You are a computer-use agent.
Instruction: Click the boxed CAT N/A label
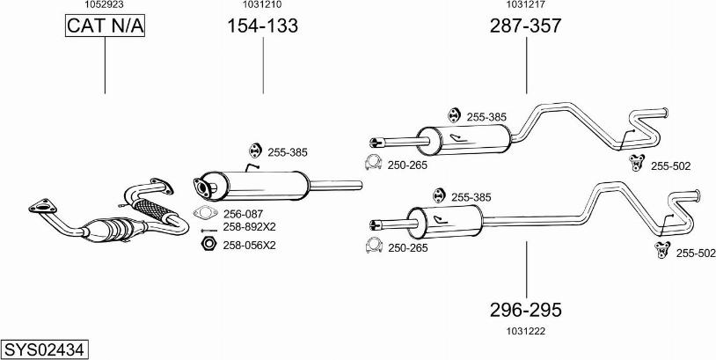[x=105, y=26]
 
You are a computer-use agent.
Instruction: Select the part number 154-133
[x=262, y=26]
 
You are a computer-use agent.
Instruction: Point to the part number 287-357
[x=525, y=26]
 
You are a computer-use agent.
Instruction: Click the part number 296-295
[x=525, y=311]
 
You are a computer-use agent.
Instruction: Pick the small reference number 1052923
[x=104, y=5]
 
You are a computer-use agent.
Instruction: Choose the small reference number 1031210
[x=262, y=5]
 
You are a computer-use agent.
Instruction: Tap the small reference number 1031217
[x=525, y=5]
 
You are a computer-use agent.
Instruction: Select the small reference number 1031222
[x=525, y=331]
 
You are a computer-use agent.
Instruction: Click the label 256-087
[x=244, y=213]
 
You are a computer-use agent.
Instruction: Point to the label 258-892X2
[x=249, y=226]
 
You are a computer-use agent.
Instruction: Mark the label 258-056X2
[x=249, y=245]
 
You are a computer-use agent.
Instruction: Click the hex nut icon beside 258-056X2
[x=208, y=244]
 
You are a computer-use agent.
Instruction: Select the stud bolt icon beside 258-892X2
[x=208, y=227]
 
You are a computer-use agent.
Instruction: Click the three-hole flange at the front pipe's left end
[x=40, y=207]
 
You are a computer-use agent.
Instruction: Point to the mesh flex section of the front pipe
[x=154, y=211]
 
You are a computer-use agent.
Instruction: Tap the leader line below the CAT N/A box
[x=105, y=66]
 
